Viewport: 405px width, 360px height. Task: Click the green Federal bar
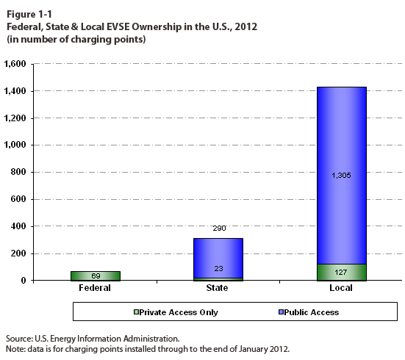click(x=96, y=276)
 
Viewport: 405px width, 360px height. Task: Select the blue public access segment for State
click(x=218, y=258)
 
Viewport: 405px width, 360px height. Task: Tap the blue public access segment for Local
click(x=342, y=176)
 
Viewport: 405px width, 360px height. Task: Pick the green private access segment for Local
click(x=342, y=272)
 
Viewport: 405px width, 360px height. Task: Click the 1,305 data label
click(x=341, y=176)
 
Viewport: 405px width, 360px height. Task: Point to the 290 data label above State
click(x=219, y=228)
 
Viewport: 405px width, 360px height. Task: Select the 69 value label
click(x=96, y=276)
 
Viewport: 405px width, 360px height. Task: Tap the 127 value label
click(x=341, y=272)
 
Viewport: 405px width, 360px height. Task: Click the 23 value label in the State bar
click(x=218, y=269)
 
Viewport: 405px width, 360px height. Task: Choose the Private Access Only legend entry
click(x=176, y=312)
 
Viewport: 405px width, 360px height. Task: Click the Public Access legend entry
click(x=309, y=312)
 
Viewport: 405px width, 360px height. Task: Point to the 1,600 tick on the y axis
click(x=15, y=63)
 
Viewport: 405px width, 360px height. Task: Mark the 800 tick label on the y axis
click(x=18, y=172)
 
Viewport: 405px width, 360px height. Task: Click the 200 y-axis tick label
click(x=18, y=253)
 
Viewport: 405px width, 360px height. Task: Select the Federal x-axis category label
click(x=95, y=288)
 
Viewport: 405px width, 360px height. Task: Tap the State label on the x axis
click(x=217, y=288)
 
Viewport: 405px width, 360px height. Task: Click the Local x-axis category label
click(x=341, y=288)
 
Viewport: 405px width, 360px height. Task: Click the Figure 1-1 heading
click(x=29, y=15)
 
